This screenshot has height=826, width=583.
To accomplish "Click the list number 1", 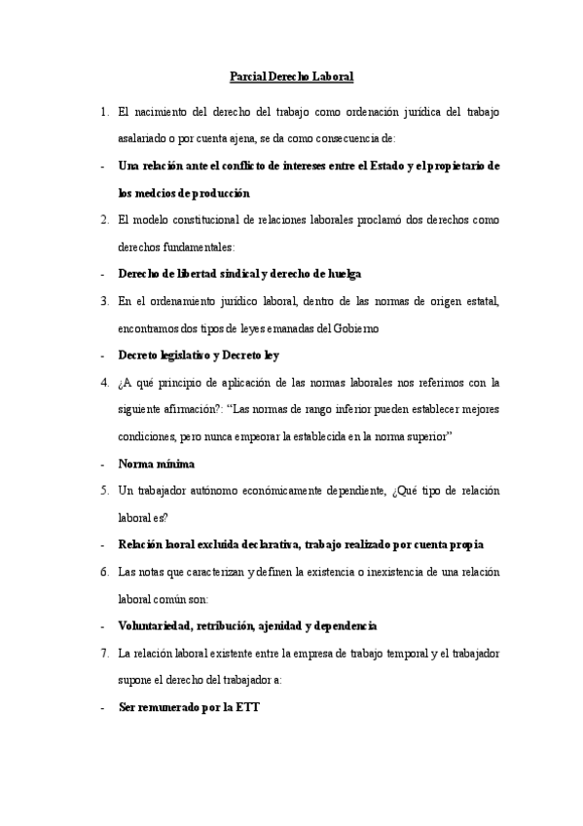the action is click(104, 113).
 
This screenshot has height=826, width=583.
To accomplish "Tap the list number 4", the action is click(104, 382).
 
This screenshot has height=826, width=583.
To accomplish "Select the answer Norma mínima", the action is click(156, 464).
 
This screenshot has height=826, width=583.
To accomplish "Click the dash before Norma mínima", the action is click(103, 464).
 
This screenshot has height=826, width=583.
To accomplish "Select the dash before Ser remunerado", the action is click(103, 706).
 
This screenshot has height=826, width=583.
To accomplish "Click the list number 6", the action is click(104, 572).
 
